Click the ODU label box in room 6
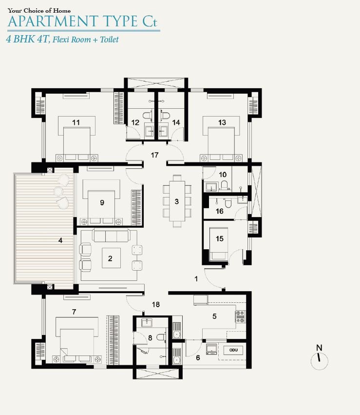pyautogui.click(x=233, y=350)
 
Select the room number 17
pyautogui.click(x=154, y=155)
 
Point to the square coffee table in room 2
pyautogui.click(x=111, y=258)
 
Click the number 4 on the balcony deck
pyautogui.click(x=60, y=240)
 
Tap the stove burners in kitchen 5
pyautogui.click(x=240, y=316)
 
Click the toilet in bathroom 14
pyautogui.click(x=165, y=115)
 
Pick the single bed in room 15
pyautogui.click(x=218, y=244)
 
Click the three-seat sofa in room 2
pyautogui.click(x=111, y=236)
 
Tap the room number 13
pyautogui.click(x=222, y=122)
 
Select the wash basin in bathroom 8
pyautogui.click(x=147, y=323)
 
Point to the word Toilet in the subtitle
pyautogui.click(x=109, y=40)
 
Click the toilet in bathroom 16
pyautogui.click(x=228, y=203)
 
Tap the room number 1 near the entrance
pyautogui.click(x=196, y=278)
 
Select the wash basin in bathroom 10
pyautogui.click(x=211, y=186)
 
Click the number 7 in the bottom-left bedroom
pyautogui.click(x=74, y=312)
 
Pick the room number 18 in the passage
pyautogui.click(x=156, y=304)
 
